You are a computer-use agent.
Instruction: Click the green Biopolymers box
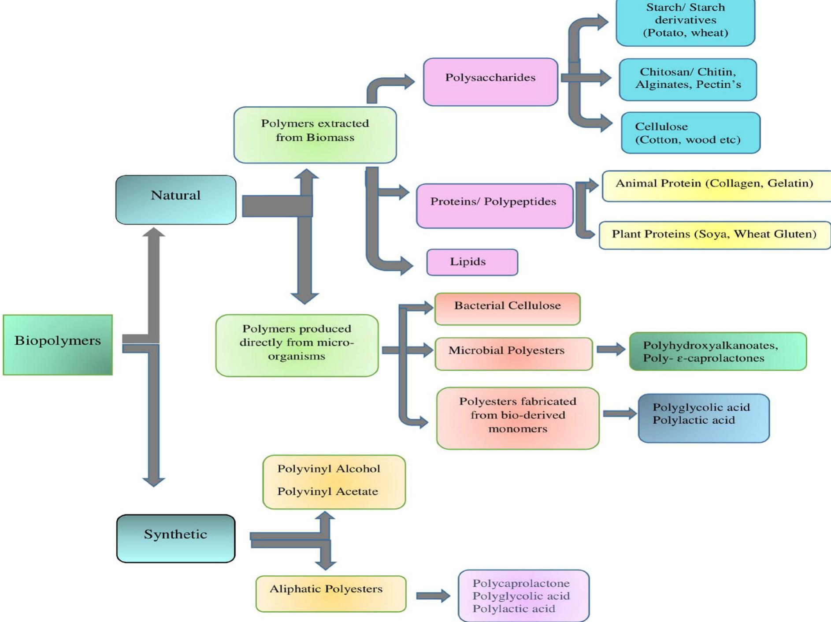[58, 345]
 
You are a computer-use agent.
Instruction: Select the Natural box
[176, 200]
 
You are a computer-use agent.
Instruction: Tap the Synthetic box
[176, 538]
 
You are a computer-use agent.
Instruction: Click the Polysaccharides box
[490, 82]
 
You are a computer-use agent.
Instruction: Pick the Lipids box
[472, 262]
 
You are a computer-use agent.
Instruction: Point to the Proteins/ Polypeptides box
[494, 206]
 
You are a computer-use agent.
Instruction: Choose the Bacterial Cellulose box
[507, 309]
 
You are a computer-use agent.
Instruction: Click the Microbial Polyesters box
[513, 354]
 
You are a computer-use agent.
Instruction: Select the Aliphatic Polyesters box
[330, 593]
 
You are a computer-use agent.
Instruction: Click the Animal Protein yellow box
[716, 186]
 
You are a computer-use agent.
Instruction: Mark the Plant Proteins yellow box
[714, 235]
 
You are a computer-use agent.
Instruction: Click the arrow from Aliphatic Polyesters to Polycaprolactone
[433, 596]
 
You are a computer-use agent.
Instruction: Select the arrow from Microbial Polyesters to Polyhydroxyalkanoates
[611, 350]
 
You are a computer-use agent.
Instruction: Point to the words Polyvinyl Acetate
[327, 492]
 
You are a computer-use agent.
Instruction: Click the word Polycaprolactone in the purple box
[521, 583]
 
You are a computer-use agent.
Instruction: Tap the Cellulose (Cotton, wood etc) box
[690, 133]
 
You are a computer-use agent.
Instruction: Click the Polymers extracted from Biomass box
[315, 135]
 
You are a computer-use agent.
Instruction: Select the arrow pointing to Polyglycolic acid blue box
[619, 413]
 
